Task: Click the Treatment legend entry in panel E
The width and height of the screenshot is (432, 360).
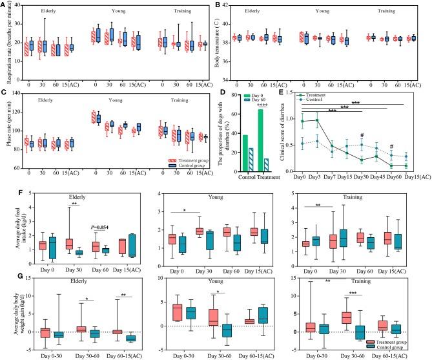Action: tap(318, 96)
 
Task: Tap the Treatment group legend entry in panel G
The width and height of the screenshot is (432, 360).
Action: tap(398, 341)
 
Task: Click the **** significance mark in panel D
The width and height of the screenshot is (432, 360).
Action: tap(262, 99)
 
